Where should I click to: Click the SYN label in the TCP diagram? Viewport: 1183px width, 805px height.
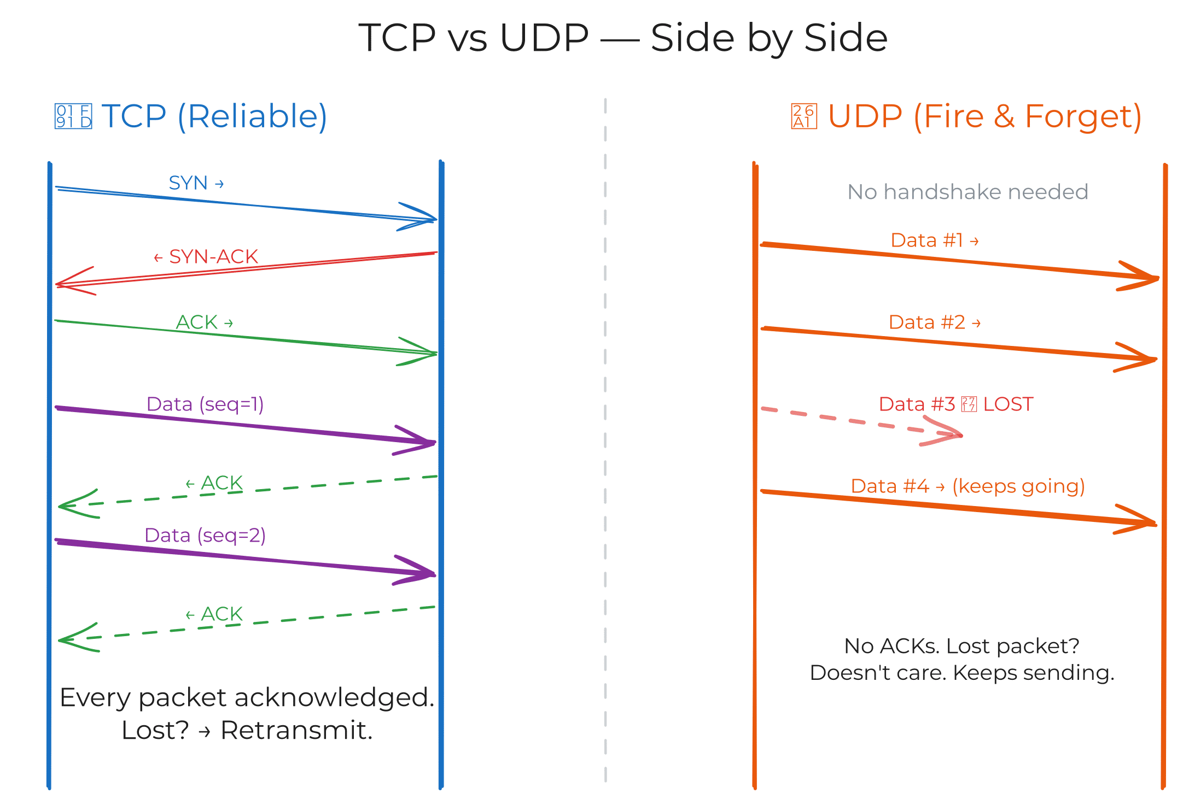(x=188, y=183)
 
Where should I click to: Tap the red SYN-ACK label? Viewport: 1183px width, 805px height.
(x=213, y=256)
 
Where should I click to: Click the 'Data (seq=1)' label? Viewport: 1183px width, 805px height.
(x=205, y=404)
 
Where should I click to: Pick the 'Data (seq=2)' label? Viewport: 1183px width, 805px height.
(x=205, y=535)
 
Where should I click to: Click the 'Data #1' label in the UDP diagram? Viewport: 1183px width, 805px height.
(x=926, y=240)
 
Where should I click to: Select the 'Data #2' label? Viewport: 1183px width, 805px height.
(x=927, y=322)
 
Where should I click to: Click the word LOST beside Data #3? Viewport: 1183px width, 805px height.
(x=1008, y=404)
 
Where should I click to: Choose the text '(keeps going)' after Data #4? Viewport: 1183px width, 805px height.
(x=1018, y=486)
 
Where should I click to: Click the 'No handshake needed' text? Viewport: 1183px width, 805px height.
(x=967, y=192)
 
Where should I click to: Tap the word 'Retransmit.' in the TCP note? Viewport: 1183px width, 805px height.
(x=296, y=730)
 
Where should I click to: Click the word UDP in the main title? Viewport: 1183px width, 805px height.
(x=544, y=38)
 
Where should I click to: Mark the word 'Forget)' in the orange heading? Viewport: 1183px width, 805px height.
(x=1083, y=116)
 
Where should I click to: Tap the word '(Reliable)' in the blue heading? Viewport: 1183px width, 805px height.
(x=253, y=116)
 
